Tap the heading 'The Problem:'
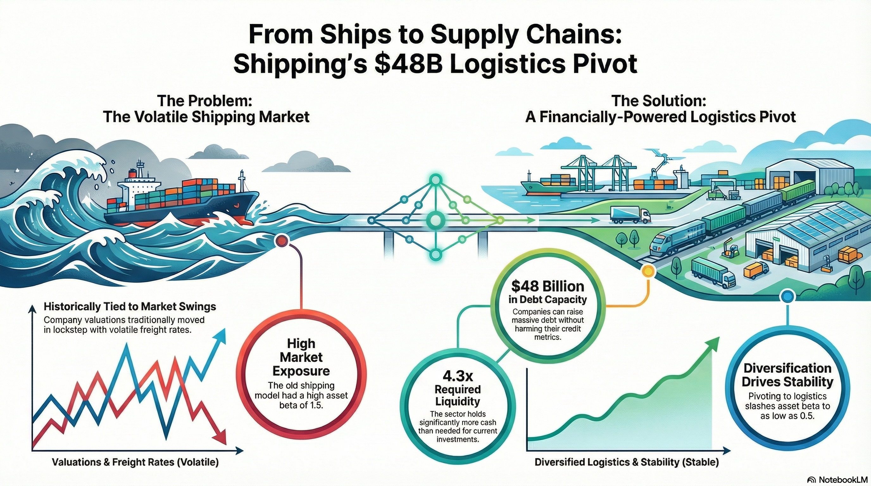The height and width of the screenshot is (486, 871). coord(205,101)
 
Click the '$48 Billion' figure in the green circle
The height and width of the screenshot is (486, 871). coord(548,286)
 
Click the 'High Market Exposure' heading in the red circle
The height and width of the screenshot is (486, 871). coord(301,357)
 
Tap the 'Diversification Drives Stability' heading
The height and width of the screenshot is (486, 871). coord(787,375)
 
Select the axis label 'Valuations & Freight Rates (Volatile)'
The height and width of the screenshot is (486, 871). coord(135,462)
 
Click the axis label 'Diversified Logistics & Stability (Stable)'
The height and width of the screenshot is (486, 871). coord(627,462)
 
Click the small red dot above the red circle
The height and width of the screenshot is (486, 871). coord(282,241)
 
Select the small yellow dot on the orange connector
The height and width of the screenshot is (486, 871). coord(648,271)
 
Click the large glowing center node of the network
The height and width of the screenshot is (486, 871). coord(435,220)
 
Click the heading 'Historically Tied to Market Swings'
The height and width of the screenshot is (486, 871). coord(130,307)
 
